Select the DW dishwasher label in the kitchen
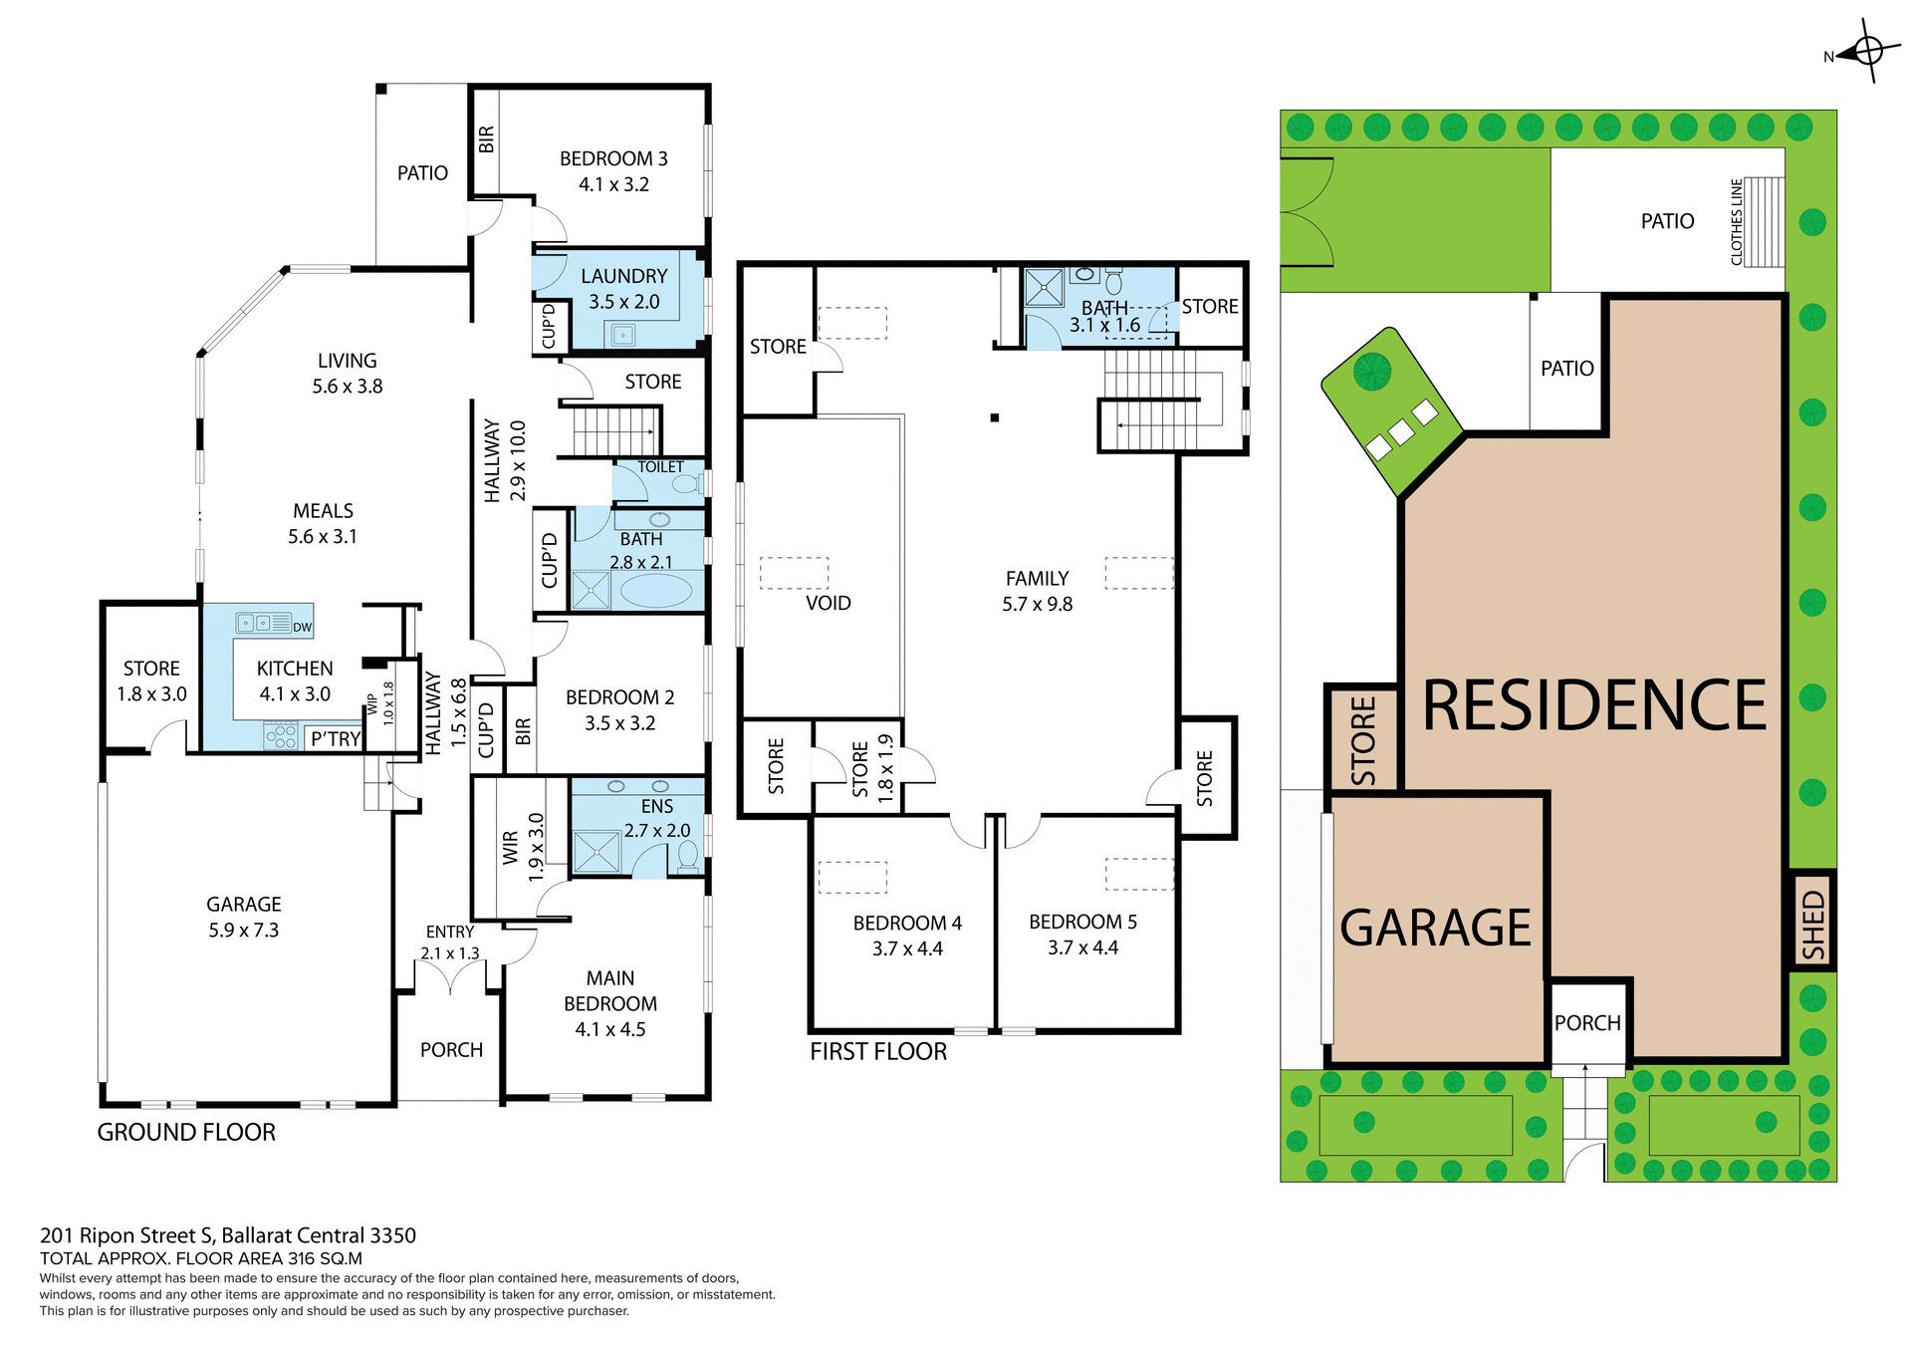pos(302,628)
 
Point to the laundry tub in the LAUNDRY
pos(623,335)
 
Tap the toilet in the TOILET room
pos(685,484)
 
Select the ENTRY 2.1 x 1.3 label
pos(450,943)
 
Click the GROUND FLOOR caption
pos(186,1132)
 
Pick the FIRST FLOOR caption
pos(878,1051)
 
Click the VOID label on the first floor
pos(829,603)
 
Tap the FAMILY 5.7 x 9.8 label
pos(1037,591)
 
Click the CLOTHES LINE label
pos(1737,221)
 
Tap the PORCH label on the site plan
pos(1587,1023)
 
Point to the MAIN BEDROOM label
pos(609,1003)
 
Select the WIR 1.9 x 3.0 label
pos(522,847)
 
